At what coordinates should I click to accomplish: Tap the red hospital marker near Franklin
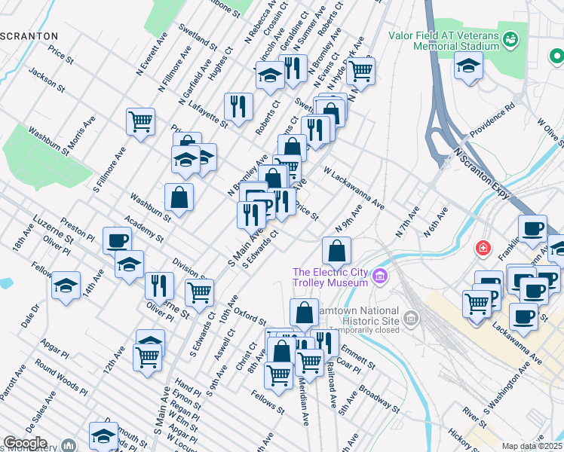[483, 248]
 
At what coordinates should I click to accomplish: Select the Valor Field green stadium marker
[511, 38]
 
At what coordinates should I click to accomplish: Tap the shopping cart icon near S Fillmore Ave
[140, 121]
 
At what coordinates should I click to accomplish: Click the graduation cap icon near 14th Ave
[66, 286]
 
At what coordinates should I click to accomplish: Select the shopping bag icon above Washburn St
[179, 197]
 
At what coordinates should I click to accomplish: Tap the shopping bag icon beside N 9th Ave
[336, 249]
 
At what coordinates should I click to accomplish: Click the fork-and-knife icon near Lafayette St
[239, 106]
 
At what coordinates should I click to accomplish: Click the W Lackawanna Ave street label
[354, 189]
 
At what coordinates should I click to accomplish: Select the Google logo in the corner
[25, 442]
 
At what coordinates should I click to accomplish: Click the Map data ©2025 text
[532, 446]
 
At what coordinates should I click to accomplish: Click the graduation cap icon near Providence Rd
[468, 66]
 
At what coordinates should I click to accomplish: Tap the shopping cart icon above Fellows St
[279, 374]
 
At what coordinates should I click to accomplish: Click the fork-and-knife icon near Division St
[159, 286]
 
